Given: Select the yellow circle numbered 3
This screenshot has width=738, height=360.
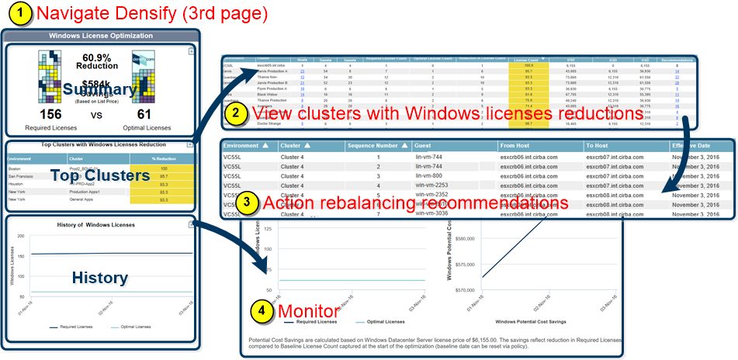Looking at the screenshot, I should pyautogui.click(x=246, y=203).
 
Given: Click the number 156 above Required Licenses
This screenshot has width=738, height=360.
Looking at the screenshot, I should pyautogui.click(x=51, y=114).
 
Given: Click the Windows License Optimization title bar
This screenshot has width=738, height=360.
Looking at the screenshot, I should pyautogui.click(x=102, y=36).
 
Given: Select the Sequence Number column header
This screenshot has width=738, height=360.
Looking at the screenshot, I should pyautogui.click(x=376, y=145).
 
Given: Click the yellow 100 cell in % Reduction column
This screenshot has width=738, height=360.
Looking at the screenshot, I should pyautogui.click(x=163, y=168).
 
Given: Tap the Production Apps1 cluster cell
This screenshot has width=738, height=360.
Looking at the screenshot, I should pyautogui.click(x=87, y=192).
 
